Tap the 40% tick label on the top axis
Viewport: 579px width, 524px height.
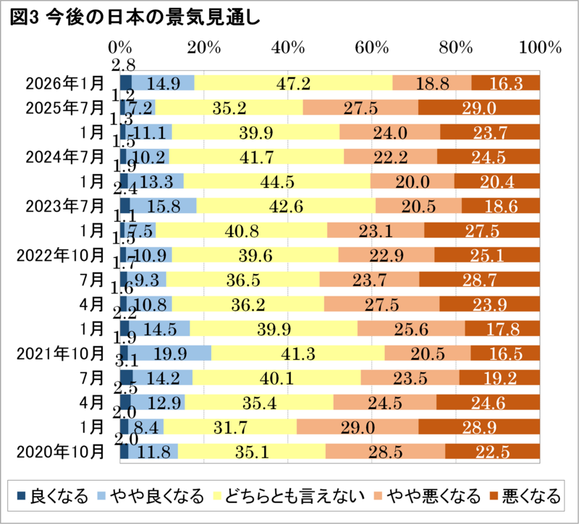pos(288,48)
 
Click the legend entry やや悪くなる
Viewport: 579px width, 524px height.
pos(433,497)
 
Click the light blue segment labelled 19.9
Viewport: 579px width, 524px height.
pos(172,353)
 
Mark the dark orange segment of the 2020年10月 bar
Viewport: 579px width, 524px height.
pos(492,452)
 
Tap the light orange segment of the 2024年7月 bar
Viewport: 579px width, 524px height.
pos(390,156)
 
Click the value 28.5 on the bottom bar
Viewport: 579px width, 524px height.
pos(384,452)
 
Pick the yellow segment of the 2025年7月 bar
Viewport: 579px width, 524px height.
pos(229,108)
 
